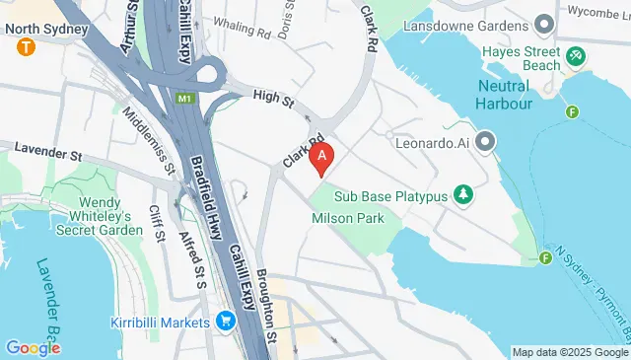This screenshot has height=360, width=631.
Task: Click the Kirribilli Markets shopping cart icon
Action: tap(226, 321)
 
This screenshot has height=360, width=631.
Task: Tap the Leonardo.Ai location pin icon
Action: tap(484, 143)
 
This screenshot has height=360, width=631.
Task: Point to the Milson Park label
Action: tap(347, 218)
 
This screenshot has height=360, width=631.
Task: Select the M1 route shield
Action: tap(185, 98)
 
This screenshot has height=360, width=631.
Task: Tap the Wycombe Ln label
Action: tap(597, 13)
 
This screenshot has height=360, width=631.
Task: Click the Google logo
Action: tap(33, 348)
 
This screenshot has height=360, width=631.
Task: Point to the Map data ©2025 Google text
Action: tap(570, 352)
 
